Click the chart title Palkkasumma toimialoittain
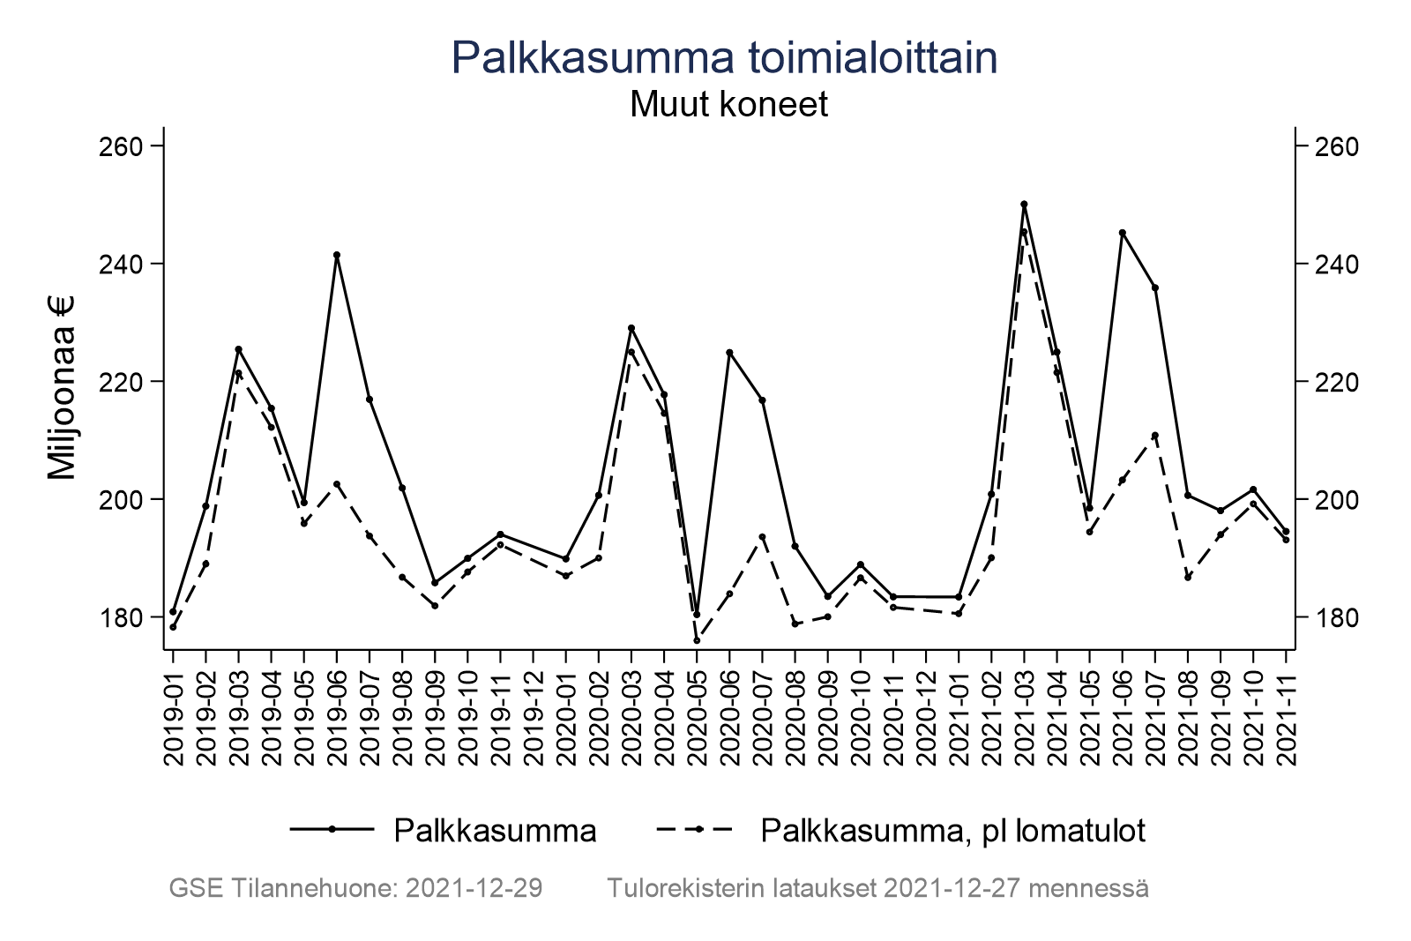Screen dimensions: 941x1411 [724, 58]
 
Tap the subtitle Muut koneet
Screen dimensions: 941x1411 [728, 105]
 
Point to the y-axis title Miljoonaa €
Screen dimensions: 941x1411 [63, 387]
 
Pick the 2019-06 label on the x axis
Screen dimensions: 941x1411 [337, 710]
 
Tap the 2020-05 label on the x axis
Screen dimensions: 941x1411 [697, 710]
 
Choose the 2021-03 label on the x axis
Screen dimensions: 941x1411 [1024, 710]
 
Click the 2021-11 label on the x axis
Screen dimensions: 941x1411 [1286, 710]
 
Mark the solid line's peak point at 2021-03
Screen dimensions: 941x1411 [1024, 204]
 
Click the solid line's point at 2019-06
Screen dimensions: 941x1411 [337, 255]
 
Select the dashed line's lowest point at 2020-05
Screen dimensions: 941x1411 [697, 640]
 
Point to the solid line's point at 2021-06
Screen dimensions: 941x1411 [1122, 233]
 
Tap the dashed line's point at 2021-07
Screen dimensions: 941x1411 [1154, 435]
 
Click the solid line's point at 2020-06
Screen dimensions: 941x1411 [729, 353]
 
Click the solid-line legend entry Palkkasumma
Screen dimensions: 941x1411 [495, 830]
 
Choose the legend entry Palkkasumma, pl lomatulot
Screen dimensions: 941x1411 [952, 830]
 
